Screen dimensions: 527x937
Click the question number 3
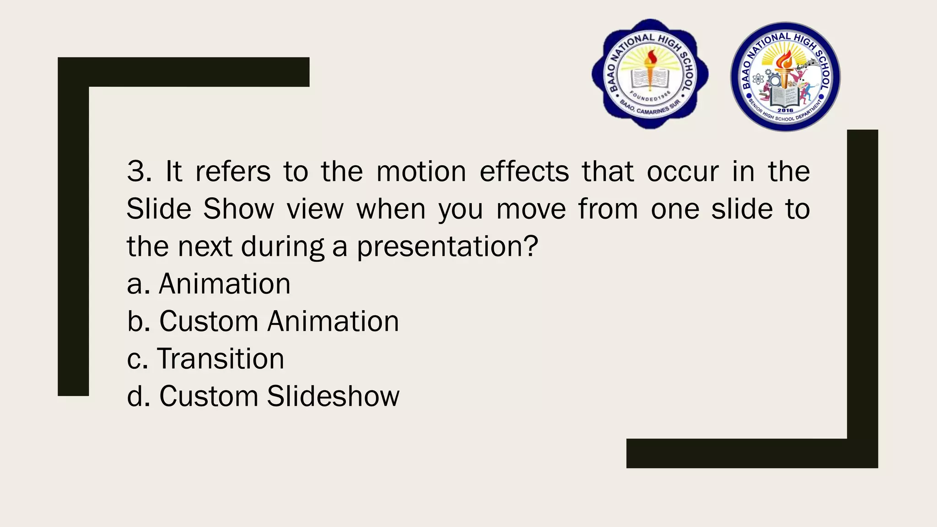coord(137,172)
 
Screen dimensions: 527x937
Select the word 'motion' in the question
coord(421,172)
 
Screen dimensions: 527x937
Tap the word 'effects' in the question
coord(524,172)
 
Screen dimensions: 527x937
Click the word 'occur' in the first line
coord(683,172)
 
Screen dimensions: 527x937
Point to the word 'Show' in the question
coord(238,210)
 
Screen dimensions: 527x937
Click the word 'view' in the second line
coord(315,210)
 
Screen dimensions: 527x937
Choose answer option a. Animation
coord(209,284)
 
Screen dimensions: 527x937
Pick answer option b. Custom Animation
coord(263,322)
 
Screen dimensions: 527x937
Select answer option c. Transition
coord(205,359)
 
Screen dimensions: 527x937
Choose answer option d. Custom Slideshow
coord(263,397)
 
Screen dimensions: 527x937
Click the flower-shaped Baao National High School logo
coord(650,74)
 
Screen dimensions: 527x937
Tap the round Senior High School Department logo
coord(785,77)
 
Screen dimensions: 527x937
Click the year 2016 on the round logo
coord(785,110)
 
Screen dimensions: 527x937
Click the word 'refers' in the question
coord(233,172)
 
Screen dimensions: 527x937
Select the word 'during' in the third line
coord(282,247)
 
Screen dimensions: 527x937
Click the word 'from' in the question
coord(608,210)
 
